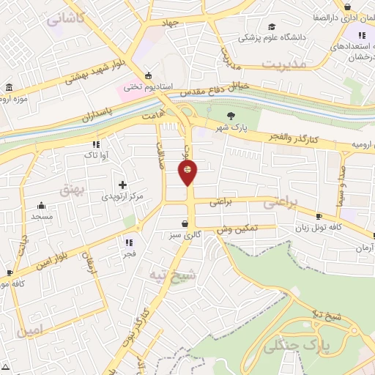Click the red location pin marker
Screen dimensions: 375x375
click(187, 173)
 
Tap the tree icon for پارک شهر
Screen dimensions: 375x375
click(231, 116)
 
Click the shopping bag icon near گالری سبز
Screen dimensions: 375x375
click(185, 223)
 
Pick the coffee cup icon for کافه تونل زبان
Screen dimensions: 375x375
click(319, 216)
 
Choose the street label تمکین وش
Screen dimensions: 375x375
click(237, 229)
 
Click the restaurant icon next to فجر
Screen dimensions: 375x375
click(129, 242)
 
